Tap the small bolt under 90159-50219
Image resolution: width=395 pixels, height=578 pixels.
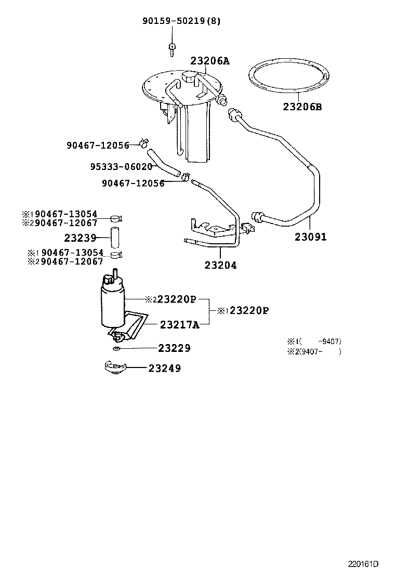(171, 49)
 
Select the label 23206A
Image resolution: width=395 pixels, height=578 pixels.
(209, 61)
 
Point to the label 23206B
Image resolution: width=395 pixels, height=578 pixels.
(302, 107)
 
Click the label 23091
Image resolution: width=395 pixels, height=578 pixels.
(311, 237)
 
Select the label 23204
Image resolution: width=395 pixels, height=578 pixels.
(220, 265)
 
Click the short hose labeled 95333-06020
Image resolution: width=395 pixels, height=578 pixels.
(162, 162)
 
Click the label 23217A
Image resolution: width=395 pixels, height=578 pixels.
(180, 324)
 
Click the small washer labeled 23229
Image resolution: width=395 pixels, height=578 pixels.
(117, 348)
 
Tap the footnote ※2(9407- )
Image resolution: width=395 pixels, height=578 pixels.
(314, 351)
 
